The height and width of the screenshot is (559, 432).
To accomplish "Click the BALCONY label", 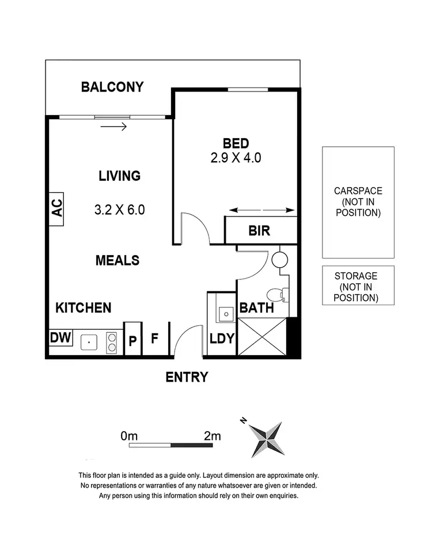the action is [x=112, y=87].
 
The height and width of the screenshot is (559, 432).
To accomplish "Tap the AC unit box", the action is [x=56, y=209].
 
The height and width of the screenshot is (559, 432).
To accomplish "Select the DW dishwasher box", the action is [x=60, y=337].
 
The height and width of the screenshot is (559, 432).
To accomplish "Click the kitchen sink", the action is [x=89, y=342].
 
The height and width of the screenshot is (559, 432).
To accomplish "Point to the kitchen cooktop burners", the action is [x=111, y=342].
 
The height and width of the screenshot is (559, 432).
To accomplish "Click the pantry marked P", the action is [x=132, y=339].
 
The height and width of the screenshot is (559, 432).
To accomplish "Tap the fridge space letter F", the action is [x=154, y=338].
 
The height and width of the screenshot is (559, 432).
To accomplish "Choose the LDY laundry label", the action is [x=222, y=339].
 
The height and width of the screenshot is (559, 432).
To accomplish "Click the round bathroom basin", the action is [x=280, y=260].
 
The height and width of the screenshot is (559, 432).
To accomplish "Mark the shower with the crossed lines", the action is [x=262, y=337].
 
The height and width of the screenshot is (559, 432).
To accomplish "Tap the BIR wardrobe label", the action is [x=259, y=231].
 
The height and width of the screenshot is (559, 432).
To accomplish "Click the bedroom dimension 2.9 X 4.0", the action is [x=236, y=158].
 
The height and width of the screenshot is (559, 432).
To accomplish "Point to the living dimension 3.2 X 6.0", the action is [x=119, y=210].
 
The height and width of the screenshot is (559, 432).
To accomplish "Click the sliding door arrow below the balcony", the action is [x=113, y=126].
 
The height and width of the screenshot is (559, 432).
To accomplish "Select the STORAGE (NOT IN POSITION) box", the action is [x=358, y=285].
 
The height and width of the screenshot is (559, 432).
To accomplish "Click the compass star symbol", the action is [x=267, y=439].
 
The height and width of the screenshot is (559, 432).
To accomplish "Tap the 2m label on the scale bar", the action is [x=212, y=435].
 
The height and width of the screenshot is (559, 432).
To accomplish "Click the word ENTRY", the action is [x=187, y=377].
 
